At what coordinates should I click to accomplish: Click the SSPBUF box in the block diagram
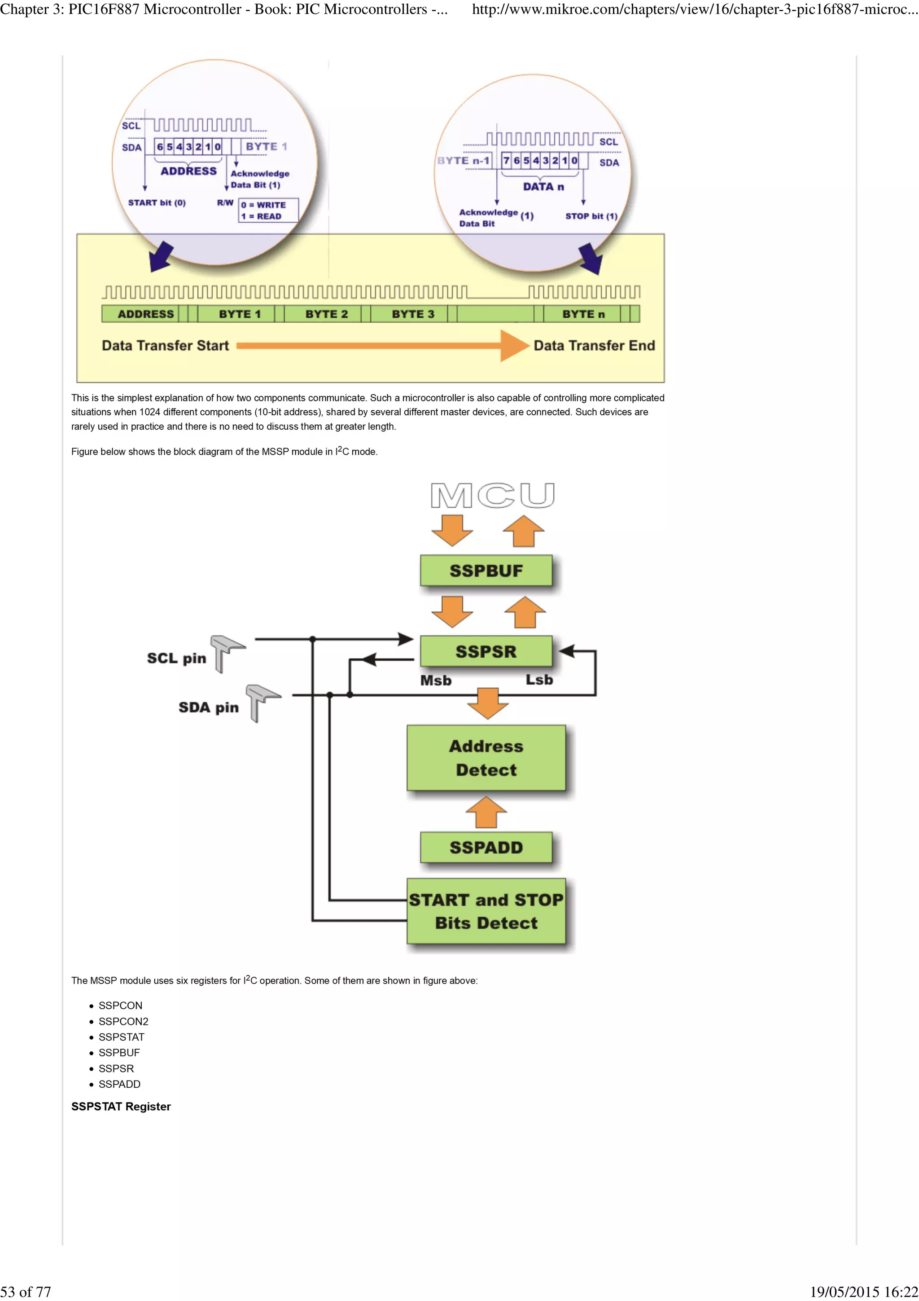tap(486, 570)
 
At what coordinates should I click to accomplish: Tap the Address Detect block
tap(486, 758)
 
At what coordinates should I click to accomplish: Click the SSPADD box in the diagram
tap(486, 847)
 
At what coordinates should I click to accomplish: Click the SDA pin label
tap(208, 707)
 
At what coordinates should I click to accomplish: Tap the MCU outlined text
tap(492, 496)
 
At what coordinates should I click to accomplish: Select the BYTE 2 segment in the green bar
tap(326, 314)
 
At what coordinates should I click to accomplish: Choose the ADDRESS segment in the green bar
tap(145, 314)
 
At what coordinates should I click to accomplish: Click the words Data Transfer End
tap(594, 346)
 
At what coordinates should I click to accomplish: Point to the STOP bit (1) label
tap(591, 216)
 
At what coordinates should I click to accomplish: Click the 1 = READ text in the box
tap(261, 216)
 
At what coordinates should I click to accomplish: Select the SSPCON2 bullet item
tap(123, 1021)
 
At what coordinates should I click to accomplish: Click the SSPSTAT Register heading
tap(121, 1106)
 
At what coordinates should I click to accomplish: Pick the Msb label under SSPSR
tap(435, 680)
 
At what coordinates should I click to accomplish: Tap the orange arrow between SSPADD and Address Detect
tap(486, 812)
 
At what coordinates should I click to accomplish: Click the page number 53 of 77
tap(26, 1292)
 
